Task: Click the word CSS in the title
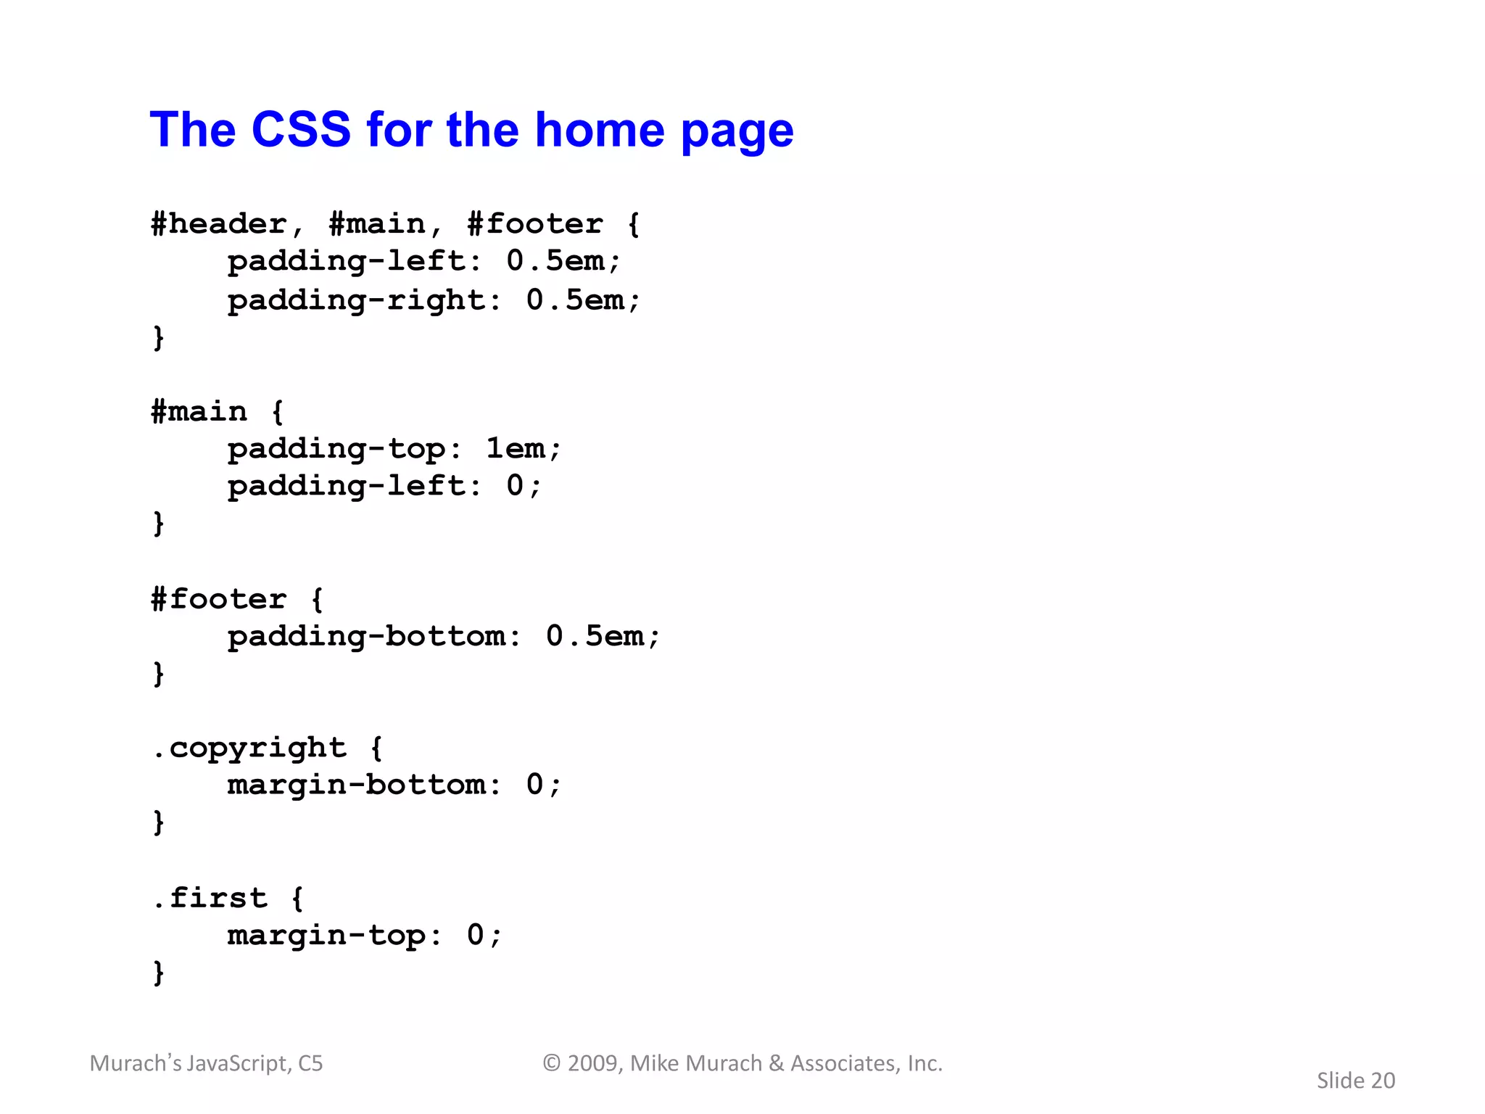point(301,131)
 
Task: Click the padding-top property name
point(336,450)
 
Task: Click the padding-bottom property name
point(367,637)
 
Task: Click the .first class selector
point(210,899)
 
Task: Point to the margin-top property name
point(326,936)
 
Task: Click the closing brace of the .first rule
point(159,973)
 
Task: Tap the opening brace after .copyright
point(376,748)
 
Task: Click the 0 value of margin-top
point(475,935)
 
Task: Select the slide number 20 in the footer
point(1383,1081)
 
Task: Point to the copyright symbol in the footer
point(552,1063)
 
